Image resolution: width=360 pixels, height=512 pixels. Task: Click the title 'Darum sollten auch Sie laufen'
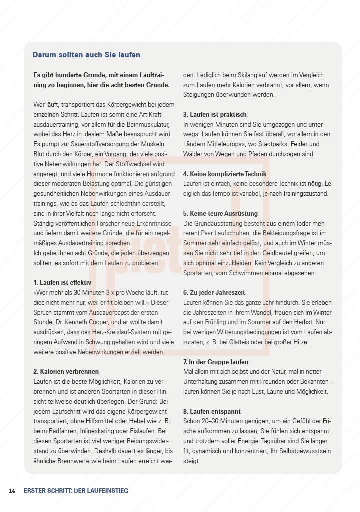pos(86,55)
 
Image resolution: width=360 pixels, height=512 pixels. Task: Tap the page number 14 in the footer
pos(12,491)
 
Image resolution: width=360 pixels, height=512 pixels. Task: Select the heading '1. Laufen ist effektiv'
pos(62,282)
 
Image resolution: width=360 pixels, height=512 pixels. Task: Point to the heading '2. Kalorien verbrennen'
pos(66,371)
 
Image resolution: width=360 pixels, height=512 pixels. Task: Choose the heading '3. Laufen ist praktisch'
pos(215,114)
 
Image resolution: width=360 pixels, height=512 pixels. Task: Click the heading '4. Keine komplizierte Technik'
pos(225,174)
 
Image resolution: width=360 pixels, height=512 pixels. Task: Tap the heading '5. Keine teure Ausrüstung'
pos(220,213)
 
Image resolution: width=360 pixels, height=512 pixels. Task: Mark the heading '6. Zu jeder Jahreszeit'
pos(214,292)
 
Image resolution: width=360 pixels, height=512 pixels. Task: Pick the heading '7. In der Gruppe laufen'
pos(216,362)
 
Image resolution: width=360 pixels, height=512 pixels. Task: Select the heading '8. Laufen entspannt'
pos(212,411)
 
